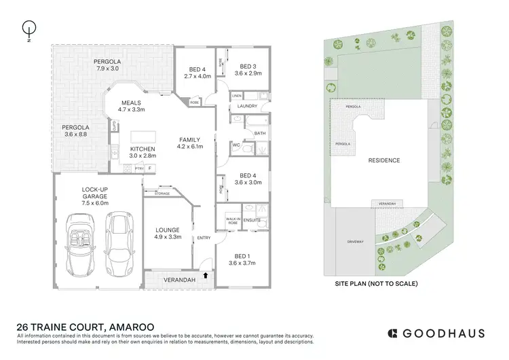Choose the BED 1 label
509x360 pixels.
click(239, 259)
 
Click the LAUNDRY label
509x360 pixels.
click(246, 106)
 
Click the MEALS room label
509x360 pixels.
click(132, 106)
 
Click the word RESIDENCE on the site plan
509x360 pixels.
click(383, 160)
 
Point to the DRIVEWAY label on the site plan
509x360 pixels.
click(356, 240)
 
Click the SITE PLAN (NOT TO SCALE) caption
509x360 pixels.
click(377, 283)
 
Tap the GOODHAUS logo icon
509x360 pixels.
click(392, 333)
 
